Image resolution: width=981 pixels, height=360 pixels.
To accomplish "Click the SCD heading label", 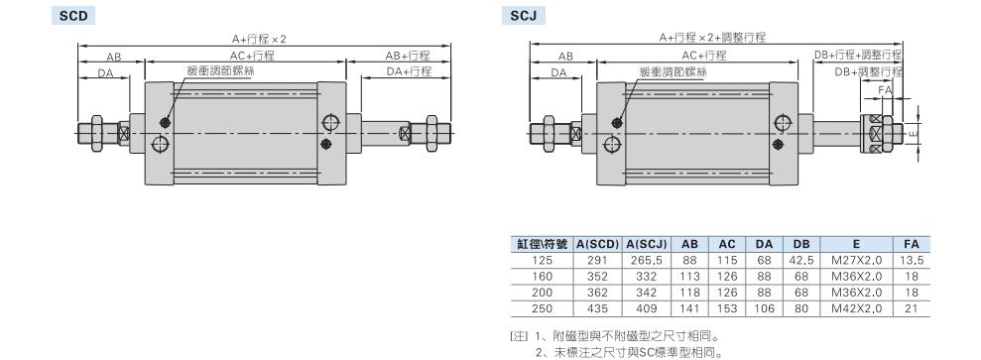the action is [72, 16].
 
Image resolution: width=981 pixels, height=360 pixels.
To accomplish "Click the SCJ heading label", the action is [523, 16].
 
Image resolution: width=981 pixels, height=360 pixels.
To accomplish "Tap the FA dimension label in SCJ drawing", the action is [885, 89].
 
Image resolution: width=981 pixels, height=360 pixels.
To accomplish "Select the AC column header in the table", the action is [727, 244].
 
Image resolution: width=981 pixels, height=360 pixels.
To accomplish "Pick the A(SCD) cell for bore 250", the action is [597, 308].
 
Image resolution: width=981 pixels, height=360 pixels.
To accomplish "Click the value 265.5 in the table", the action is [647, 261].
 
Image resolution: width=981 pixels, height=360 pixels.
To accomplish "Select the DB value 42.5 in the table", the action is [801, 261].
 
